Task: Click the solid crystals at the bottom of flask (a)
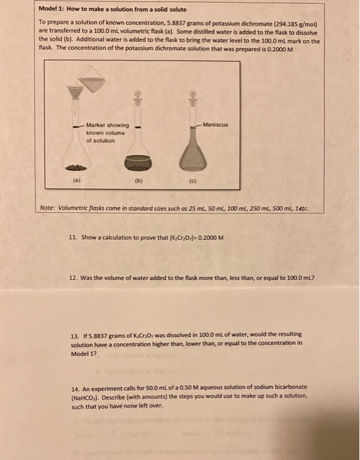tap(76, 168)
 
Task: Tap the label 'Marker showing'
tap(108, 126)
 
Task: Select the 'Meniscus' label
tap(215, 125)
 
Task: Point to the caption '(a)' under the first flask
tap(76, 180)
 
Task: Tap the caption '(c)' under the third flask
tap(192, 181)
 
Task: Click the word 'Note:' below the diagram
tap(47, 208)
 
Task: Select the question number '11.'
tap(73, 237)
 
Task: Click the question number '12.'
tap(73, 277)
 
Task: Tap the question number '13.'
tap(76, 336)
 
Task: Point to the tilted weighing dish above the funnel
tap(91, 80)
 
